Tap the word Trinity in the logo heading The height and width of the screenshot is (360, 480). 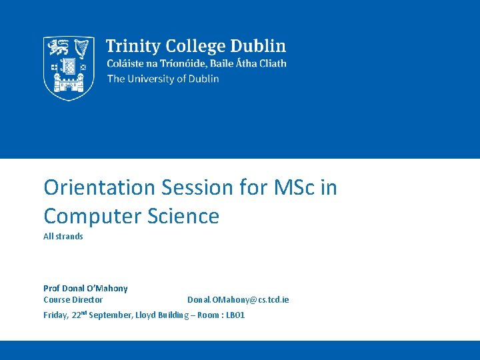click(x=132, y=47)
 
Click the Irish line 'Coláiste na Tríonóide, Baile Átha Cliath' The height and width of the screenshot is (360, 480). click(x=197, y=63)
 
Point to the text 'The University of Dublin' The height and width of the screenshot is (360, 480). click(x=163, y=79)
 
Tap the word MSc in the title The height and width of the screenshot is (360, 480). click(x=295, y=188)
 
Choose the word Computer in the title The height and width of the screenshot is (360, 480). click(x=91, y=216)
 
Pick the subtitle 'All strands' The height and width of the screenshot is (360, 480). click(x=63, y=237)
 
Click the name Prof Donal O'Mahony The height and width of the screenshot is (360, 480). click(x=85, y=289)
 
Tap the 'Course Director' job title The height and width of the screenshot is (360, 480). click(x=73, y=300)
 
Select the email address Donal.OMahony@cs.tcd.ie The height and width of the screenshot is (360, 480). click(x=238, y=300)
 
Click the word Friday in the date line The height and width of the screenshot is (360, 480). click(x=55, y=315)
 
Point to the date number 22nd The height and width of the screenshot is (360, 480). click(x=79, y=315)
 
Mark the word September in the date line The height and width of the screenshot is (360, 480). click(x=110, y=315)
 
